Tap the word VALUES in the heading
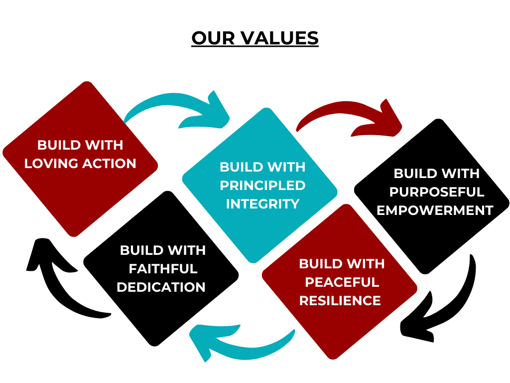tap(280, 38)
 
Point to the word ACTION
tap(109, 164)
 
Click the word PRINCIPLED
tap(262, 186)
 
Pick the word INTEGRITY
tap(262, 204)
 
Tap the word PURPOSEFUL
tap(437, 192)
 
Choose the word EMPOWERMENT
tap(435, 210)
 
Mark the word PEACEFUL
tap(342, 282)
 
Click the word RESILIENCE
tap(340, 301)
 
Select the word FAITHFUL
tap(163, 269)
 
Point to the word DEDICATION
tap(161, 287)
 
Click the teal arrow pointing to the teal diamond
tap(182, 108)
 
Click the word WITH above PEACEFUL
tap(364, 264)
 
